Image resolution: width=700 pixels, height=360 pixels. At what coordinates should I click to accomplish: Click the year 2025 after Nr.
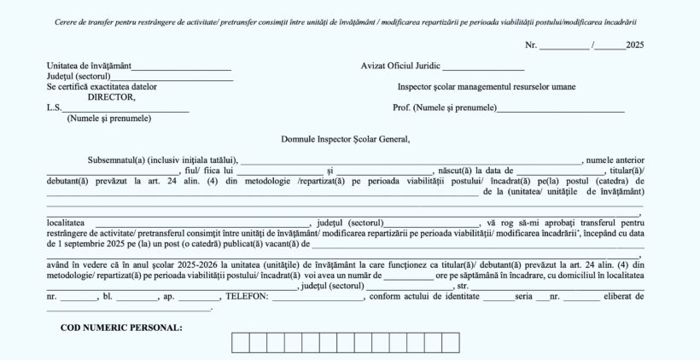[x=634, y=44]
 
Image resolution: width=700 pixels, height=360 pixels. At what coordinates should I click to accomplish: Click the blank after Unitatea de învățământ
[x=181, y=66]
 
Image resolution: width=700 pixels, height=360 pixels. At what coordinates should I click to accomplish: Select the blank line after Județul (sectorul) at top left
[x=178, y=76]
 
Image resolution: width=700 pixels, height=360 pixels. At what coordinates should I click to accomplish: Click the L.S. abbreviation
[x=54, y=107]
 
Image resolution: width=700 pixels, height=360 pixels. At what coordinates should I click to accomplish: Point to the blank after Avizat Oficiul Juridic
[x=483, y=66]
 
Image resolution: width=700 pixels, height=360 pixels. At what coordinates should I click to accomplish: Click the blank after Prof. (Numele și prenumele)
[x=560, y=107]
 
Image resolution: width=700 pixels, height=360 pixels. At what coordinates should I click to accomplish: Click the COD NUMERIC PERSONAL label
[x=121, y=328]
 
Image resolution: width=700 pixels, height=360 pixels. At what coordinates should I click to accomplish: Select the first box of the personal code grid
[x=240, y=343]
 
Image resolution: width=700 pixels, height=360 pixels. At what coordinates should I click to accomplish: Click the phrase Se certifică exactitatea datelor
[x=102, y=86]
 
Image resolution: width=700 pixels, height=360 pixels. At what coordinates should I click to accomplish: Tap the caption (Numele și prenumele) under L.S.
[x=109, y=118]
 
